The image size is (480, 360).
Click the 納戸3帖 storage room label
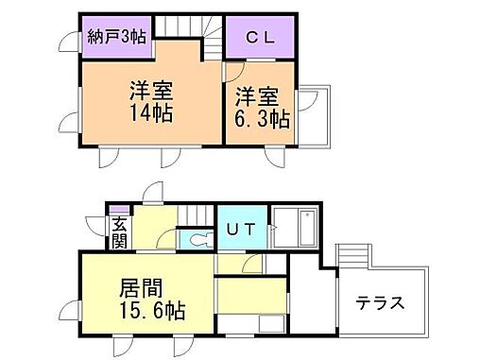tap(117, 39)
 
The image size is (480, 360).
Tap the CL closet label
tap(258, 39)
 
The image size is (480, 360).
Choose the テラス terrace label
tap(380, 303)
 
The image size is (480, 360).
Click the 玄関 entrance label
tap(119, 231)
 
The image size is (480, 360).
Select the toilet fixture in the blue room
tap(196, 240)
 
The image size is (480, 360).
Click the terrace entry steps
tap(352, 254)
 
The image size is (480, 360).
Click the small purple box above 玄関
tap(117, 211)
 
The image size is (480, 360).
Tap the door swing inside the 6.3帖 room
tap(233, 71)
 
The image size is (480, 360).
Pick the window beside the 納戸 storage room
tap(69, 41)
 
